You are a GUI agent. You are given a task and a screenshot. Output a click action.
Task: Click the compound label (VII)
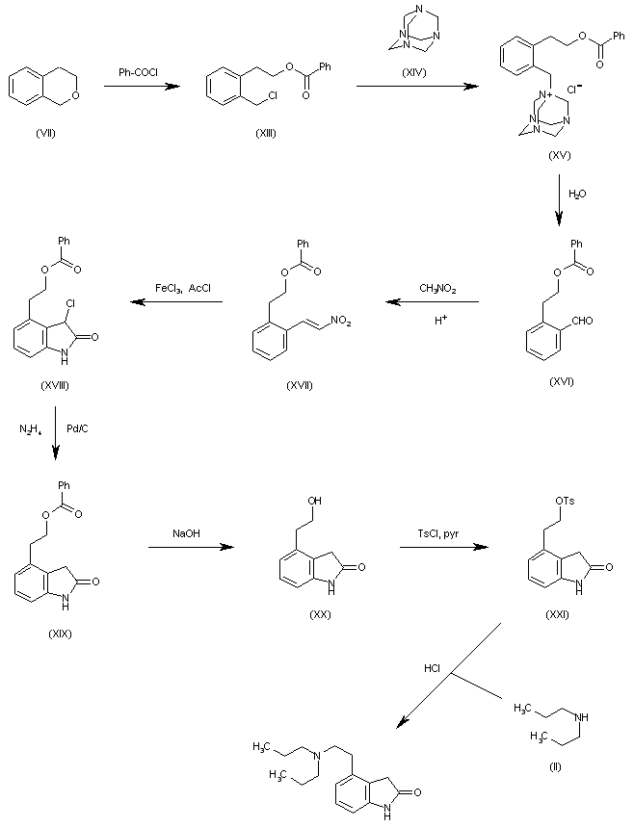tap(45, 133)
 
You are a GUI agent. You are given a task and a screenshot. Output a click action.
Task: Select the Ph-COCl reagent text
tap(138, 72)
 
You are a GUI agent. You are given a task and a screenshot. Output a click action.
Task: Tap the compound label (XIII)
tap(266, 133)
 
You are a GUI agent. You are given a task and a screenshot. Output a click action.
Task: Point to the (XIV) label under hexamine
tap(414, 73)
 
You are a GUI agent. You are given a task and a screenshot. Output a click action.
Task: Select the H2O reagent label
tap(577, 194)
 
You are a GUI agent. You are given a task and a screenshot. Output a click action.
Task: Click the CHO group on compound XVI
tap(582, 321)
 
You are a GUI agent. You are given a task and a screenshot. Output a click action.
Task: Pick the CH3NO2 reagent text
tap(437, 289)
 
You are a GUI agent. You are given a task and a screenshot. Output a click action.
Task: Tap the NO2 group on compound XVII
tap(341, 321)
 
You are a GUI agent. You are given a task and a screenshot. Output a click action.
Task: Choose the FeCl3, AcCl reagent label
tap(183, 288)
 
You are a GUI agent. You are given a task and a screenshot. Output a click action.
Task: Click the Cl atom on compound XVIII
tap(70, 303)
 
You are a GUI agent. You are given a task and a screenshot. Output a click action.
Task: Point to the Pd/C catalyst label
tap(77, 428)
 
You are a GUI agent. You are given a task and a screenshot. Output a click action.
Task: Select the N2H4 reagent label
tap(31, 429)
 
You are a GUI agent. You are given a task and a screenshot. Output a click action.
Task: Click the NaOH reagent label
tap(187, 534)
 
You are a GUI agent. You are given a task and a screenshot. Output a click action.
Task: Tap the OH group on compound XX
tap(314, 501)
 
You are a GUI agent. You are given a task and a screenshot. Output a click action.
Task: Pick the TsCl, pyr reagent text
tap(438, 534)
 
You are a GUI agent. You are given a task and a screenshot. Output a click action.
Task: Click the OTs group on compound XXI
tap(565, 501)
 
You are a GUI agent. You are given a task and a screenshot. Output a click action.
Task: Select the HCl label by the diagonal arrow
tap(432, 668)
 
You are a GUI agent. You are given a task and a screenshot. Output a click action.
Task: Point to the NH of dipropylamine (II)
tap(581, 717)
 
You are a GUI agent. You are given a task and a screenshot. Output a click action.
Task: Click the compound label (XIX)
tap(60, 634)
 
